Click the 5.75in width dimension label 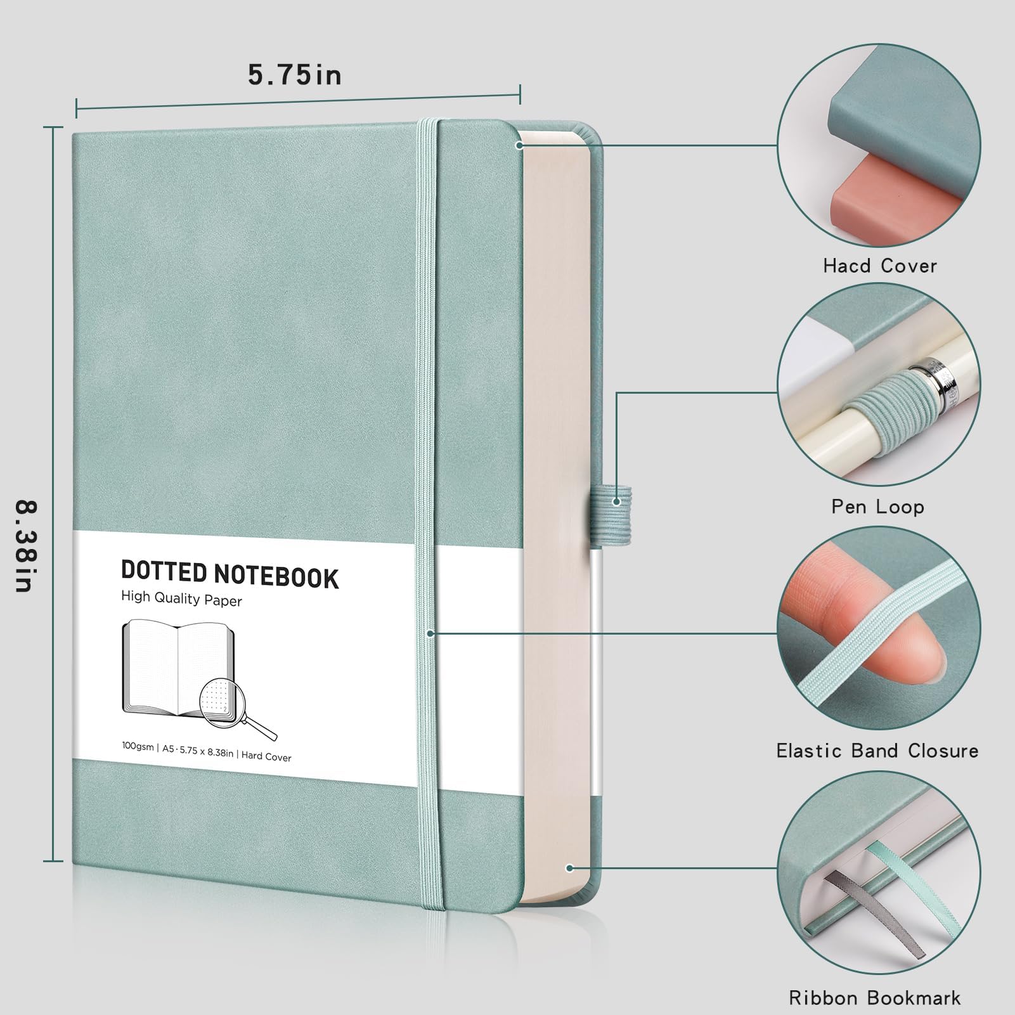click(295, 75)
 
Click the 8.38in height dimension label click(26, 546)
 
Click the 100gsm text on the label click(138, 747)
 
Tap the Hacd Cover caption click(880, 265)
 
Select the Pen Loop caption click(878, 507)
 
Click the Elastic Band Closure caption click(877, 751)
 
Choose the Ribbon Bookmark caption click(875, 997)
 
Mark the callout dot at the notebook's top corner click(519, 145)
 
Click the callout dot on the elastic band click(430, 633)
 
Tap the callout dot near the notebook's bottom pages click(570, 868)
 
